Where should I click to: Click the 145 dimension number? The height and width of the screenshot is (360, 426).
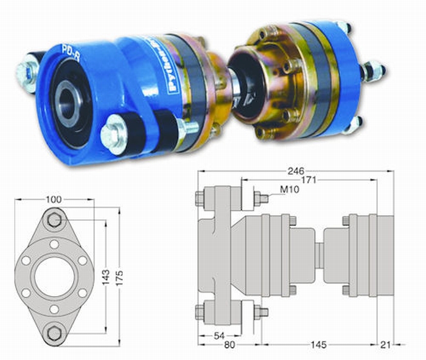[316, 345]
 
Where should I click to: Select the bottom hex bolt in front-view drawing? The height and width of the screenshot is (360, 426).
[55, 332]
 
